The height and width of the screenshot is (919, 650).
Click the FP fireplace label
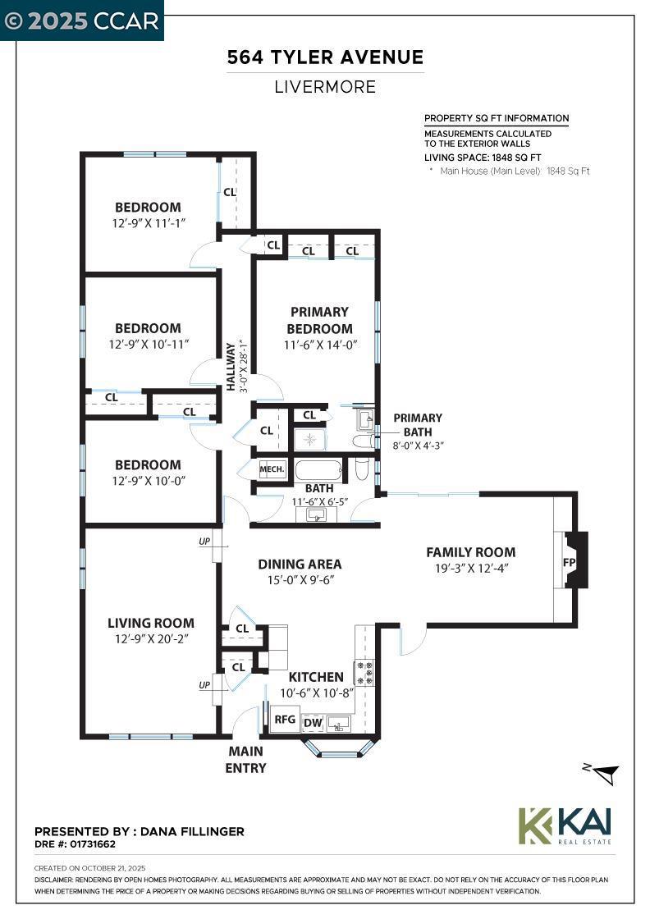pos(569,563)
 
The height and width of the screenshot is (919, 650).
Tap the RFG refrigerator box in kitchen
pos(285,720)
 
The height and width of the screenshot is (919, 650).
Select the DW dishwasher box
pos(313,723)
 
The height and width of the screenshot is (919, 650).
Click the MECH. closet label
pos(272,470)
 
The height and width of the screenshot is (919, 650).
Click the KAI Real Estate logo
pos(564,825)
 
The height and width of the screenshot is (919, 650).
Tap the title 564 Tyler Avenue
pos(325,57)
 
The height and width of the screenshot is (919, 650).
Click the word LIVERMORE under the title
pos(325,87)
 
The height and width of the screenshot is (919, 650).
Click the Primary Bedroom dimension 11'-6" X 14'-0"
pos(319,346)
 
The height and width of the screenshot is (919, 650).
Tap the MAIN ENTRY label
pos(245,760)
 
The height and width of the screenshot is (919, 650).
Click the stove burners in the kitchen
pos(364,673)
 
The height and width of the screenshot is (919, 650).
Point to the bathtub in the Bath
pos(318,472)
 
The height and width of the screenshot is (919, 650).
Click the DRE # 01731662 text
pos(75,844)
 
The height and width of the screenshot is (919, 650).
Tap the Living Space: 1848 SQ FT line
pos(470,157)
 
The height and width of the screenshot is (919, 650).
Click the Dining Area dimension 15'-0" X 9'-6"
pos(300,579)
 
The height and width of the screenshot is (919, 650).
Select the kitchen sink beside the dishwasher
pos(338,724)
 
